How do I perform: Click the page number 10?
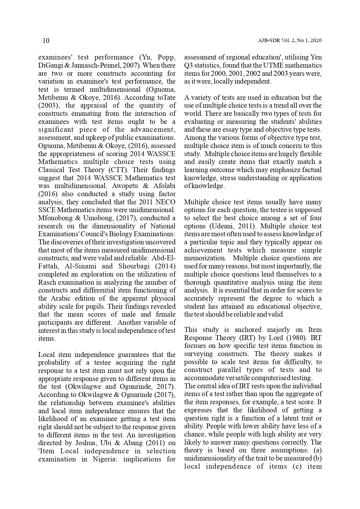coord(46,41)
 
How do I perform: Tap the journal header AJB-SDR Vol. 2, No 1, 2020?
coord(290,41)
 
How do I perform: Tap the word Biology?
coord(112,234)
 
